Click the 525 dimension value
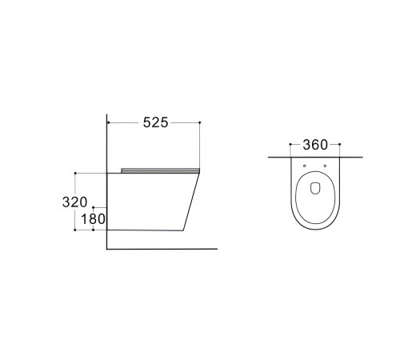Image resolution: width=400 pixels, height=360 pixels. tap(156, 122)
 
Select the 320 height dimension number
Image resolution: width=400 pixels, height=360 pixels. tap(74, 202)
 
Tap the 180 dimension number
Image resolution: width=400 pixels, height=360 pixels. tap(93, 219)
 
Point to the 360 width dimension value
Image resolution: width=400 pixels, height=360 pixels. tap(315, 145)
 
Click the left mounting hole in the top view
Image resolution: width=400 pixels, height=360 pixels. tap(305, 166)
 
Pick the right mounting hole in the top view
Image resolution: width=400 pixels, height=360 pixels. tap(325, 166)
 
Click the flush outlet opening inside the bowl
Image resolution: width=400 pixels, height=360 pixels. tap(315, 188)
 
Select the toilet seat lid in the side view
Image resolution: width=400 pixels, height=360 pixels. tap(160, 170)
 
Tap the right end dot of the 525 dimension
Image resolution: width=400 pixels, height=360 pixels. tap(200, 122)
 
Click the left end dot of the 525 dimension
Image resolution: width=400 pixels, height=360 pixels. tap(109, 122)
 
